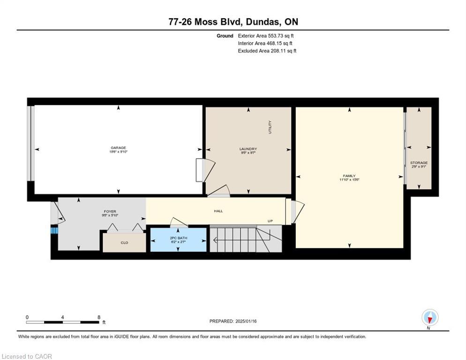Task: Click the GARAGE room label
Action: pos(118,148)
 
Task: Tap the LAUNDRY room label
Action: pos(248,149)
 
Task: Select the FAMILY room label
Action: pos(349,176)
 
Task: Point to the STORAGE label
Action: pos(419,163)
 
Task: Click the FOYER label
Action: pos(110,211)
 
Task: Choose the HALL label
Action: pos(218,211)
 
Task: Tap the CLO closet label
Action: pos(124,243)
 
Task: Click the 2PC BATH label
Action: pos(178,238)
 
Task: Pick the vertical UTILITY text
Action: pos(270,127)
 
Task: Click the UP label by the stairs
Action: pos(270,221)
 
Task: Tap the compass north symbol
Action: pos(429,317)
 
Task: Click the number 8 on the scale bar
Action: pos(98,317)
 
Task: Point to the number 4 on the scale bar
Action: pos(62,317)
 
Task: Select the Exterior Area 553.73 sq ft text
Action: pos(266,36)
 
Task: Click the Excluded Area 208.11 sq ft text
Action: pos(267,51)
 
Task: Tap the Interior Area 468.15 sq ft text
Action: pos(265,43)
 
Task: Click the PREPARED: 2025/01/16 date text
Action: pos(233,321)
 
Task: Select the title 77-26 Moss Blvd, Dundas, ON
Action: pos(233,22)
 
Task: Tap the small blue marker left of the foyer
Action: pos(54,230)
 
